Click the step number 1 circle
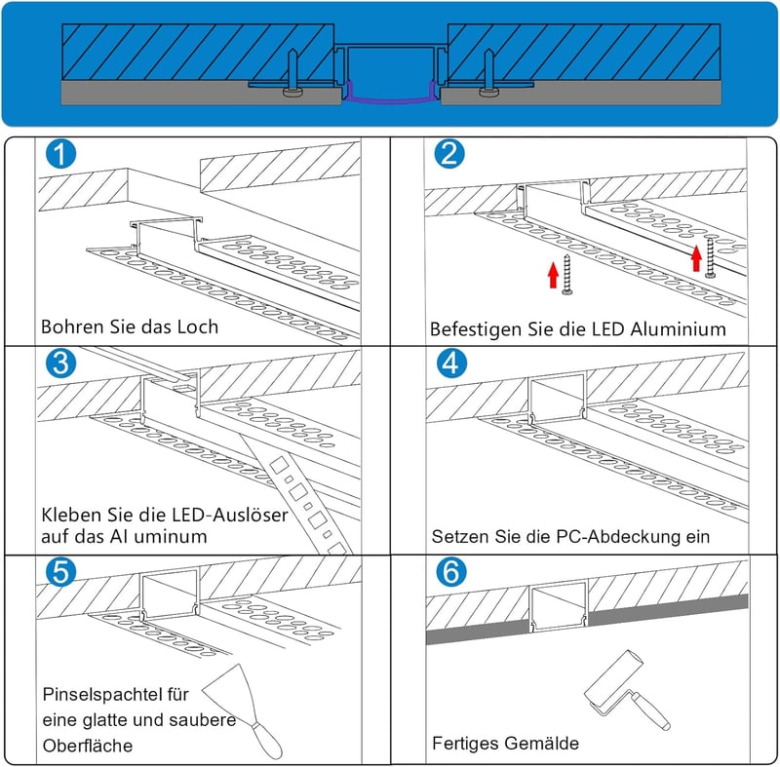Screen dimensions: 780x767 (60, 154)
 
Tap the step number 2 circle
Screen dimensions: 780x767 (449, 153)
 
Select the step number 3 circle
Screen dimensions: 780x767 (60, 364)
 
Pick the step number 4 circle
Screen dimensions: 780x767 (451, 364)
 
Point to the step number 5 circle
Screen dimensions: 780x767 (60, 572)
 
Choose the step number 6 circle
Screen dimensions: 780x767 (451, 572)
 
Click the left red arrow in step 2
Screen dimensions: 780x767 (553, 276)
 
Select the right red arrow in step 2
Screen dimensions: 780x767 (696, 258)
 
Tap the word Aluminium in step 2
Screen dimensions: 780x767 (678, 329)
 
